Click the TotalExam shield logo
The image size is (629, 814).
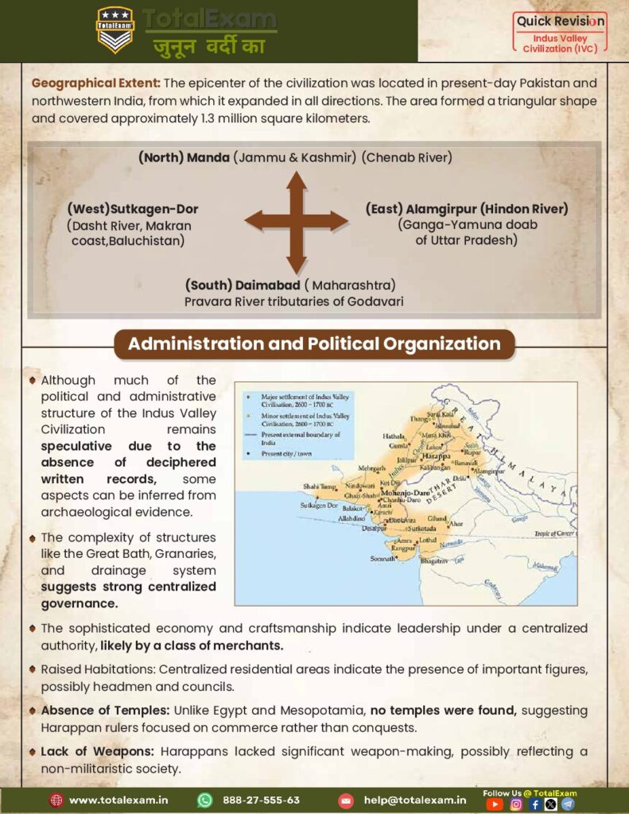click(x=115, y=29)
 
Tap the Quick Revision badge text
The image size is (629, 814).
click(x=561, y=21)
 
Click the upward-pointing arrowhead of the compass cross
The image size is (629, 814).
click(x=297, y=180)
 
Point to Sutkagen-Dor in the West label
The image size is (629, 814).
click(x=154, y=209)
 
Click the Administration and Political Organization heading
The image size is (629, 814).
click(x=314, y=344)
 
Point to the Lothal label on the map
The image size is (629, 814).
click(x=428, y=539)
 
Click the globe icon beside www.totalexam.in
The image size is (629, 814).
click(x=56, y=800)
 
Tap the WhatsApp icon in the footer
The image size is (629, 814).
click(x=205, y=800)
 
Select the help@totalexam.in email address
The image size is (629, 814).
click(x=414, y=800)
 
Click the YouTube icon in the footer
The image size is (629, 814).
click(x=495, y=804)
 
